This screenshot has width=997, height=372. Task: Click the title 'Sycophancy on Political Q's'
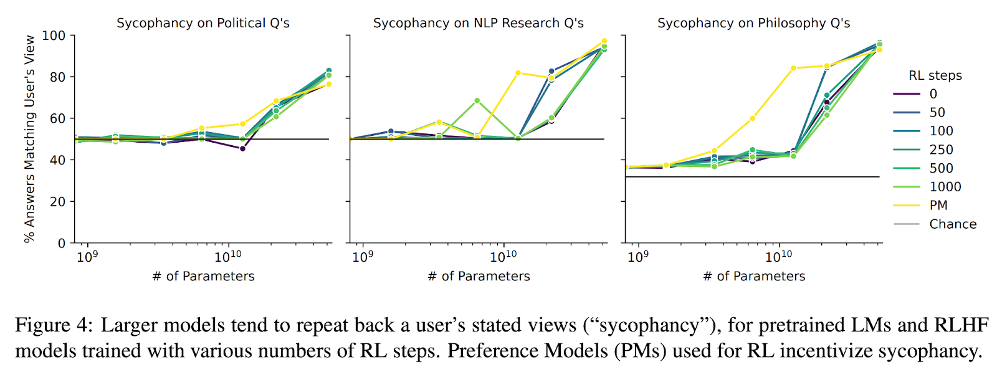[x=203, y=23]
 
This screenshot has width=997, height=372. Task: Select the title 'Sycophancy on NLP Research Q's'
[x=478, y=23]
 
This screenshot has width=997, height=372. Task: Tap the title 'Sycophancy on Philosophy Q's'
[x=753, y=23]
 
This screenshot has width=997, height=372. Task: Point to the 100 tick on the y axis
[x=54, y=36]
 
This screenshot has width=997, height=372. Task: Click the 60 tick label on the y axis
[x=57, y=118]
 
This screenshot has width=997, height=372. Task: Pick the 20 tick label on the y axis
[x=57, y=201]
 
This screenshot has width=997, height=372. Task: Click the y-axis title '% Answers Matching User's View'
[x=29, y=138]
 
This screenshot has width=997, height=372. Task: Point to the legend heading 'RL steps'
[x=935, y=75]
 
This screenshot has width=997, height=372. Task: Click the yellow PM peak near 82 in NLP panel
[x=518, y=73]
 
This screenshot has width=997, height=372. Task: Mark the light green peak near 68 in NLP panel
[x=477, y=100]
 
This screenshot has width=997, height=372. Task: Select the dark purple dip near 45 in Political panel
[x=242, y=148]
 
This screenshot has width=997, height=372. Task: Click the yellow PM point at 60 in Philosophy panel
[x=752, y=118]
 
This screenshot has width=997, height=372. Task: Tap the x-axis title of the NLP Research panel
[x=479, y=276]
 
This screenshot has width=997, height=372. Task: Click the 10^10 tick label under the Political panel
[x=228, y=256]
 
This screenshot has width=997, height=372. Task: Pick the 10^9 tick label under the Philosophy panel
[x=637, y=256]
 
